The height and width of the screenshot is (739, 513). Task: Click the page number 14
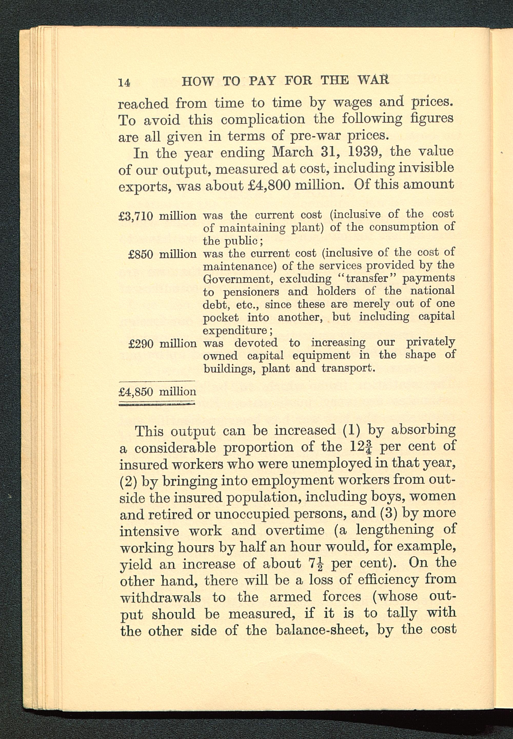pyautogui.click(x=124, y=83)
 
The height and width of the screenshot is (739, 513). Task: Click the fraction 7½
pyautogui.click(x=316, y=564)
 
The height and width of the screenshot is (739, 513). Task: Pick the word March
pyautogui.click(x=292, y=152)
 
